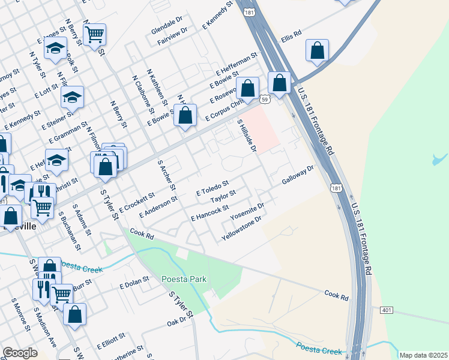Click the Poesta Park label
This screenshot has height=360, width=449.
coord(184,279)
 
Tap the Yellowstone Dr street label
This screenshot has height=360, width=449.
coord(242,229)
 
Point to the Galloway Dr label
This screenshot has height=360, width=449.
coord(298,175)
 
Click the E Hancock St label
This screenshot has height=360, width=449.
coord(209,212)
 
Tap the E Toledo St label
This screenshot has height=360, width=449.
coord(213,188)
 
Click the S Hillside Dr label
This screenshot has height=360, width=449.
coord(247,135)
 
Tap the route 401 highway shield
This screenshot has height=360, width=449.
coord(386,309)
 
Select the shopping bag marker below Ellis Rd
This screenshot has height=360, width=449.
coord(317,51)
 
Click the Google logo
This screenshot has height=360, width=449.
coord(20,353)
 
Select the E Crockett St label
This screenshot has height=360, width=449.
coord(137,202)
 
